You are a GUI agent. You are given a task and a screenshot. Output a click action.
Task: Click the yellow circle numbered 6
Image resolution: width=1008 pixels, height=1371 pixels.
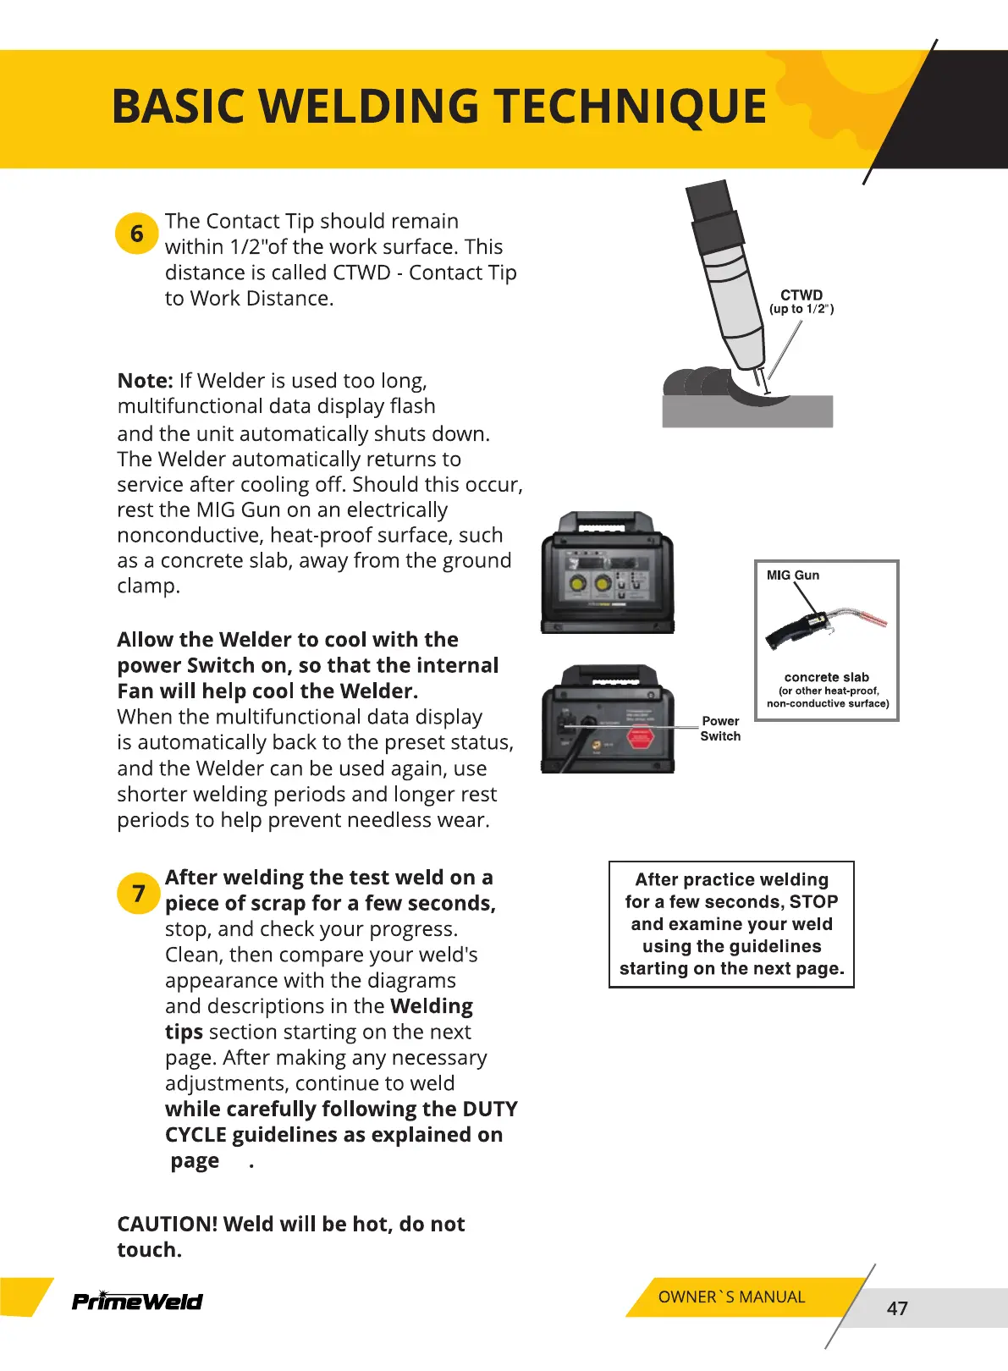(x=136, y=234)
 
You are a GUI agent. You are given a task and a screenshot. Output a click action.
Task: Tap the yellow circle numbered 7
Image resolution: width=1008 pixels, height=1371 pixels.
(x=138, y=894)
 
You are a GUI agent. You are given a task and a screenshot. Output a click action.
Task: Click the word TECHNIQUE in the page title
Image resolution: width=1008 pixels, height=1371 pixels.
(x=630, y=107)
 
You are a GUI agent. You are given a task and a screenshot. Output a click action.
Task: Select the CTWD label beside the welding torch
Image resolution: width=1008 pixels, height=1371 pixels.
(x=801, y=295)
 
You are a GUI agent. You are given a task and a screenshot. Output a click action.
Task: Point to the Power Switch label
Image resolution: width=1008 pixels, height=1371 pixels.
(x=720, y=729)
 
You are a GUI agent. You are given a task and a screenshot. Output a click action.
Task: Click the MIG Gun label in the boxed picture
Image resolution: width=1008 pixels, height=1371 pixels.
(x=792, y=575)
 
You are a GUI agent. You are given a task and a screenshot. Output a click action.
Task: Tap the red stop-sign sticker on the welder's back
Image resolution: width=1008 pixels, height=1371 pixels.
(x=639, y=738)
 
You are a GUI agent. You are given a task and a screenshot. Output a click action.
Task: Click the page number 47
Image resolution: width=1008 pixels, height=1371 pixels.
(x=897, y=1308)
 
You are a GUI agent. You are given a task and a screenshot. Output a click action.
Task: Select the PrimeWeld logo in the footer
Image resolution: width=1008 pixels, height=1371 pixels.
(x=137, y=1301)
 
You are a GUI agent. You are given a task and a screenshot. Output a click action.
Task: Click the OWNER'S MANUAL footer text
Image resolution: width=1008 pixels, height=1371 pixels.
(x=731, y=1297)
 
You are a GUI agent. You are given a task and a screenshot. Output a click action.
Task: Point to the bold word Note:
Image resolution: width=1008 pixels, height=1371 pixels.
(x=145, y=381)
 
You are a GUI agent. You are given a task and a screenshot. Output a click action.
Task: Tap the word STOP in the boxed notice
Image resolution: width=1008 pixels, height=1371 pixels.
(x=813, y=902)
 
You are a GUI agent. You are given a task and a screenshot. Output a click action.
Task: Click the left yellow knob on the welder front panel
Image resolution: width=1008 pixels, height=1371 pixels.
(x=578, y=583)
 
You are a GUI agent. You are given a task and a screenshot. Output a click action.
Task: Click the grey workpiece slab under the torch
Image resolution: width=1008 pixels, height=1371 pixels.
(x=746, y=413)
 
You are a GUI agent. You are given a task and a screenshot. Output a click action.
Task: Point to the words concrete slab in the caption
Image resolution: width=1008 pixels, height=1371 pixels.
(x=826, y=677)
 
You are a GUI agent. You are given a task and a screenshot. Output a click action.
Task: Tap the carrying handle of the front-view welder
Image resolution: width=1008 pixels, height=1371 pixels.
(x=607, y=520)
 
